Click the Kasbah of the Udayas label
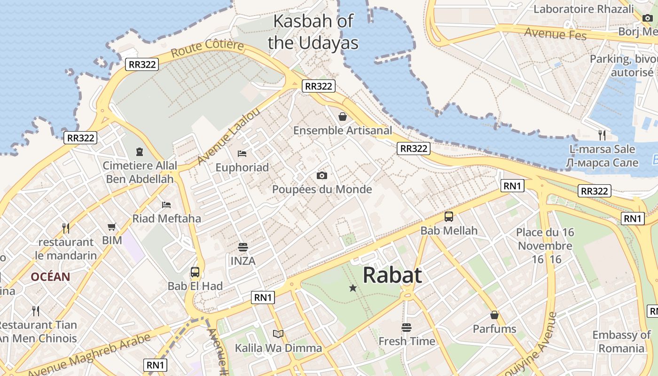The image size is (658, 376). [313, 31]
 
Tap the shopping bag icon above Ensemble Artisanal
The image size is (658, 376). [343, 116]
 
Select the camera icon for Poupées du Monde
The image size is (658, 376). [322, 175]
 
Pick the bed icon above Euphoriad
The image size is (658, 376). [242, 153]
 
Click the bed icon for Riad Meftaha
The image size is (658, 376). [166, 204]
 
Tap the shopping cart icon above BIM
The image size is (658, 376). [112, 227]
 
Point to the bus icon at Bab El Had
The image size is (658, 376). [195, 272]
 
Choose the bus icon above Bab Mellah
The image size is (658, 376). [449, 217]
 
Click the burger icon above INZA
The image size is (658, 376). [243, 247]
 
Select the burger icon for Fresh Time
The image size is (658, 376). [407, 327]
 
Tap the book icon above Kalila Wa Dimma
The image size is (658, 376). [278, 334]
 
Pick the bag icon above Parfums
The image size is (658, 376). [494, 315]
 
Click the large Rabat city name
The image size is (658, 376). [392, 275]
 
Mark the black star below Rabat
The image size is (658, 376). [353, 288]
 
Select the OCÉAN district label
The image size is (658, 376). [50, 277]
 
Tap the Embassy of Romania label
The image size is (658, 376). [621, 342]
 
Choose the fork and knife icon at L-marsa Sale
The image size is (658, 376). [602, 135]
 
